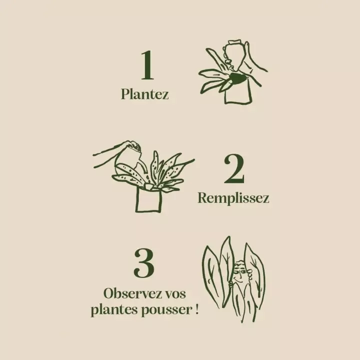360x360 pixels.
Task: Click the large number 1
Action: point(146,65)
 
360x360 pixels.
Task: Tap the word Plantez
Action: point(144,94)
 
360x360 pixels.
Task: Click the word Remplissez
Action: point(233,198)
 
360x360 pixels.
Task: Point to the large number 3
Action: point(143,263)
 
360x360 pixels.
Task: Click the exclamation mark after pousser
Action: point(195,309)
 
